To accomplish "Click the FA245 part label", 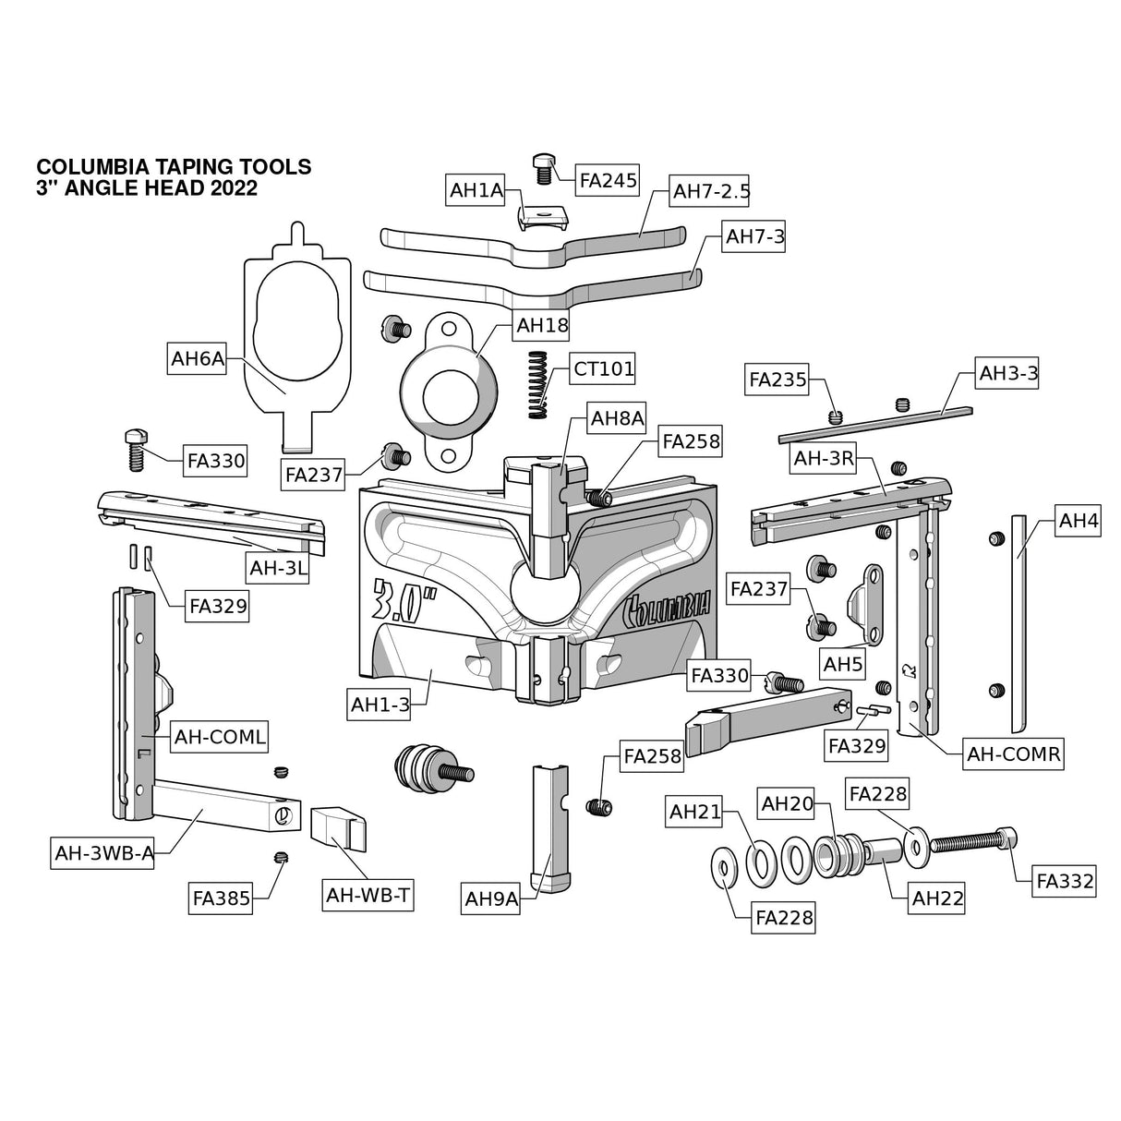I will [x=608, y=180].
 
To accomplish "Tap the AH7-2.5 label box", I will [x=711, y=191].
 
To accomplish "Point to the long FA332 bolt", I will [x=974, y=842].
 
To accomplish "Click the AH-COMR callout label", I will [x=1013, y=753].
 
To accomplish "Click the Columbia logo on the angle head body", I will [x=667, y=605].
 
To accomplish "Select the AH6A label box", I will [x=198, y=359].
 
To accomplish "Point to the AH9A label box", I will [x=491, y=898].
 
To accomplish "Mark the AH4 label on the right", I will [x=1079, y=521].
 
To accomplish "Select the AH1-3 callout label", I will [x=380, y=705].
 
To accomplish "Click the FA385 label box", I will [x=222, y=898].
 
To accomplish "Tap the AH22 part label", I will [x=936, y=898].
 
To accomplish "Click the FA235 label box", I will [x=777, y=379].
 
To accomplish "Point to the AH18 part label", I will [x=542, y=324].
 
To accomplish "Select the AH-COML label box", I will [x=220, y=737].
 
